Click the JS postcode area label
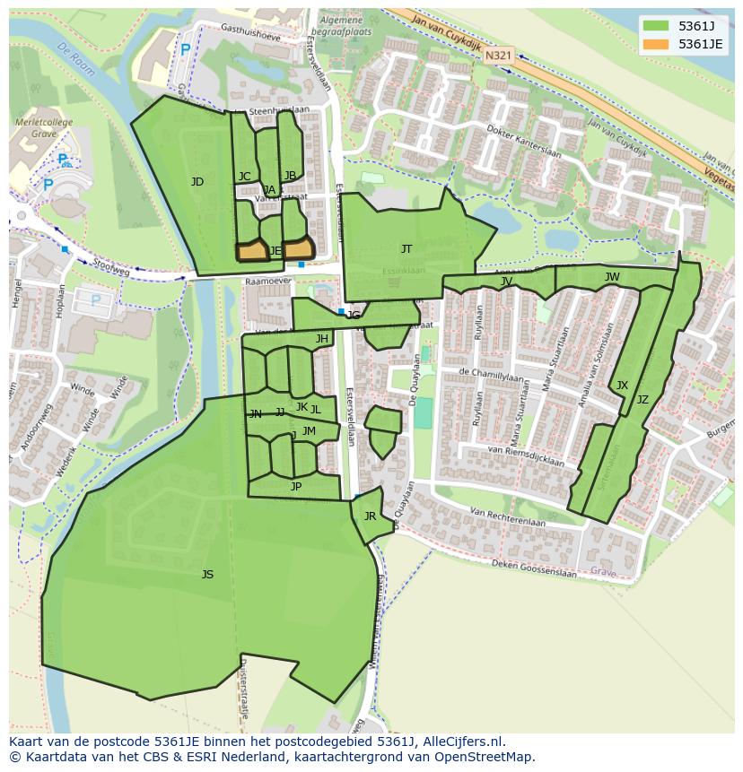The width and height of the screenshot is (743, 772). [207, 575]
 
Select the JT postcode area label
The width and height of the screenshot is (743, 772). [406, 249]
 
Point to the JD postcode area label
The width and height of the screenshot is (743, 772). [197, 182]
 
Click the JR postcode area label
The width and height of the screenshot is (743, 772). [370, 516]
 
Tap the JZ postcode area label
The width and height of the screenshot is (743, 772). [642, 400]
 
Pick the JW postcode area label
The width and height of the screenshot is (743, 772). [612, 277]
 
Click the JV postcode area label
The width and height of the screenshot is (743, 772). [506, 282]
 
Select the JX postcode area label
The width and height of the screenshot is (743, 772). [622, 386]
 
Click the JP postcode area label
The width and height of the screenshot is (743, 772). [296, 487]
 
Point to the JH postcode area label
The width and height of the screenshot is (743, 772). [321, 339]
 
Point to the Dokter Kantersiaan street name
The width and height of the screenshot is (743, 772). [523, 141]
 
